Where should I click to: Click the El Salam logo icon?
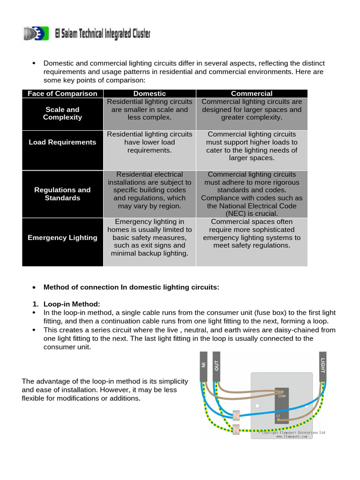pyautogui.click(x=35, y=33)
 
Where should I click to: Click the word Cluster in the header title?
pyautogui.click(x=136, y=33)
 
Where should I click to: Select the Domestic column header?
pyautogui.click(x=150, y=94)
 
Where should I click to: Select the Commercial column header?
pyautogui.click(x=252, y=94)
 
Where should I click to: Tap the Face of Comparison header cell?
pyautogui.click(x=62, y=94)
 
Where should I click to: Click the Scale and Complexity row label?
pyautogui.click(x=62, y=113)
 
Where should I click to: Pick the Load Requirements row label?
pyautogui.click(x=62, y=142)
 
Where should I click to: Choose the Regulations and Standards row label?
pyautogui.click(x=62, y=194)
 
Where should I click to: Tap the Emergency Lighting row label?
pyautogui.click(x=62, y=238)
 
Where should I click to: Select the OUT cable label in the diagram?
pyautogui.click(x=216, y=365)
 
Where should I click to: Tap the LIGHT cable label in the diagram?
pyautogui.click(x=322, y=365)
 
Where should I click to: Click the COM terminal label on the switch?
pyautogui.click(x=282, y=396)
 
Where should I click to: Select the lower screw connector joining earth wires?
pyautogui.click(x=237, y=429)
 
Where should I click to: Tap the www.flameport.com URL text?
pyautogui.click(x=292, y=436)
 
